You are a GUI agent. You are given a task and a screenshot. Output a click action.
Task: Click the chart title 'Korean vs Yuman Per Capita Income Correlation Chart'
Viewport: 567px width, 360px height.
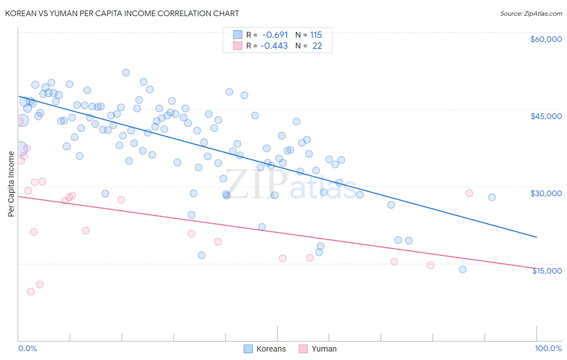tap(122, 13)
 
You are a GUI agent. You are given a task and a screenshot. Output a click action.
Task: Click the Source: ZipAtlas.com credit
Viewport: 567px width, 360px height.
tap(531, 13)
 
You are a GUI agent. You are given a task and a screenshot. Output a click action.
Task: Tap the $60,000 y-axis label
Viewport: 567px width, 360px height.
tap(546, 39)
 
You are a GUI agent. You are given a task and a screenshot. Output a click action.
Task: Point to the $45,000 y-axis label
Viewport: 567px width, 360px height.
tap(546, 116)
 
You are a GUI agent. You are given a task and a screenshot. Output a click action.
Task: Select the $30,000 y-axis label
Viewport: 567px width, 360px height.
tap(546, 193)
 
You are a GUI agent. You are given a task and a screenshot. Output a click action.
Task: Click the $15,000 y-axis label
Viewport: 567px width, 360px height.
tap(546, 271)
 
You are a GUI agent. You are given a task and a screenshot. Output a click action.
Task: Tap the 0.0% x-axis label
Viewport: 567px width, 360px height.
tap(27, 348)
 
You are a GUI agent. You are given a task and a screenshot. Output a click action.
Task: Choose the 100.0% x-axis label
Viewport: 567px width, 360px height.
tap(548, 348)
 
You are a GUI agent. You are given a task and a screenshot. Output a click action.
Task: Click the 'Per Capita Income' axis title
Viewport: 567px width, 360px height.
tap(11, 184)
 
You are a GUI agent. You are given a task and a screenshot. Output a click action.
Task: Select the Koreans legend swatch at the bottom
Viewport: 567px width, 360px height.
tap(248, 349)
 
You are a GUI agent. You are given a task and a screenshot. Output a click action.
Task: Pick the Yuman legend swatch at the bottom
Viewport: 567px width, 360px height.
tap(303, 349)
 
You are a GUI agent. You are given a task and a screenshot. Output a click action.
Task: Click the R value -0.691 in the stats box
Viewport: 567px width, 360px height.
tap(275, 35)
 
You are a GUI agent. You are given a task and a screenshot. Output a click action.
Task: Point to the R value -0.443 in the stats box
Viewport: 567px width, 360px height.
tap(274, 46)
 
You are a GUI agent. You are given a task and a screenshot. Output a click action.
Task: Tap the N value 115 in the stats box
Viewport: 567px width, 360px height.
tap(316, 35)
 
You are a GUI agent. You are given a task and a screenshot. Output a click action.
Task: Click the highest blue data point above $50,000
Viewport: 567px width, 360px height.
tap(126, 73)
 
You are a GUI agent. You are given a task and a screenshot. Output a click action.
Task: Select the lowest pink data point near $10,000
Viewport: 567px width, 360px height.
tap(31, 291)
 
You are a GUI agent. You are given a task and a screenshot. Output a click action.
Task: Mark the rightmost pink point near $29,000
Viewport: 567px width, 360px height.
tap(469, 193)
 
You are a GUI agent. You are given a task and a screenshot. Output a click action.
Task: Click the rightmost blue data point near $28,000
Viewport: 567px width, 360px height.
tap(492, 197)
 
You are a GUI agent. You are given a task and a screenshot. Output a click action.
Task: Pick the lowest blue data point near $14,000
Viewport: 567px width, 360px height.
tap(463, 269)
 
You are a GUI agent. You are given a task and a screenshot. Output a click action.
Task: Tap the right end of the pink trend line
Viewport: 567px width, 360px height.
tap(536, 268)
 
